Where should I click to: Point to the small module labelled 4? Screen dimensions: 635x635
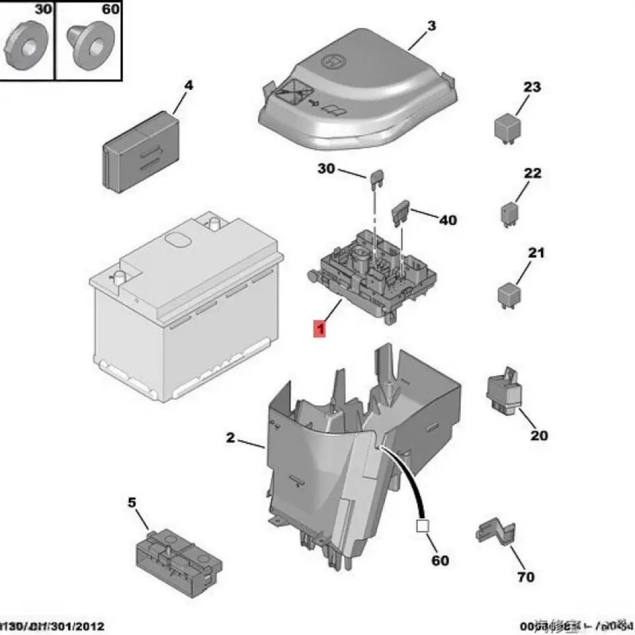pyautogui.click(x=140, y=153)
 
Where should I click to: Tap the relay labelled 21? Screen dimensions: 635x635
pyautogui.click(x=509, y=296)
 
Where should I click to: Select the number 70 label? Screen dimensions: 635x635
pyautogui.click(x=525, y=577)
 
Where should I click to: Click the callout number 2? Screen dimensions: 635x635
pyautogui.click(x=230, y=437)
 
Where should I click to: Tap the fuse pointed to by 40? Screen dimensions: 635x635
pyautogui.click(x=402, y=214)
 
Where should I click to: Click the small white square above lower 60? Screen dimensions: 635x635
pyautogui.click(x=421, y=527)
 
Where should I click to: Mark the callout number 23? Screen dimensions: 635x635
pyautogui.click(x=532, y=87)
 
